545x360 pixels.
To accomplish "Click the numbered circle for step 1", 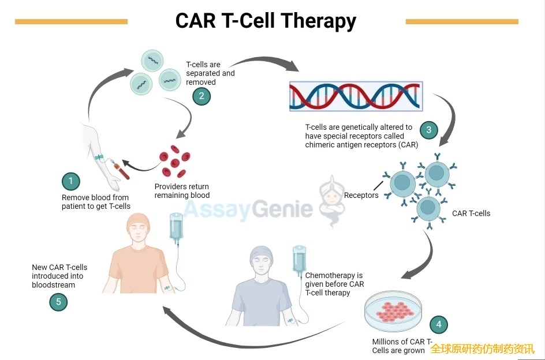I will (70, 182).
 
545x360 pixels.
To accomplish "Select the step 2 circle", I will (201, 96).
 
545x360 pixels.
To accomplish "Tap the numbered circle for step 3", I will (428, 130).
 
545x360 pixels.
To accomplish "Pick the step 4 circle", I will (438, 324).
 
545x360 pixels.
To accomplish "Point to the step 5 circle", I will (58, 302).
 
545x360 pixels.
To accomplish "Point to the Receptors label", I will (361, 195).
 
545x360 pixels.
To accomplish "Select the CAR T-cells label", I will (471, 213).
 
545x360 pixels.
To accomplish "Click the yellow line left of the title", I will (71, 22).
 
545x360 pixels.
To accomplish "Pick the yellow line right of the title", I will (462, 22).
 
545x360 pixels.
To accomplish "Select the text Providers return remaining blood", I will (182, 191).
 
